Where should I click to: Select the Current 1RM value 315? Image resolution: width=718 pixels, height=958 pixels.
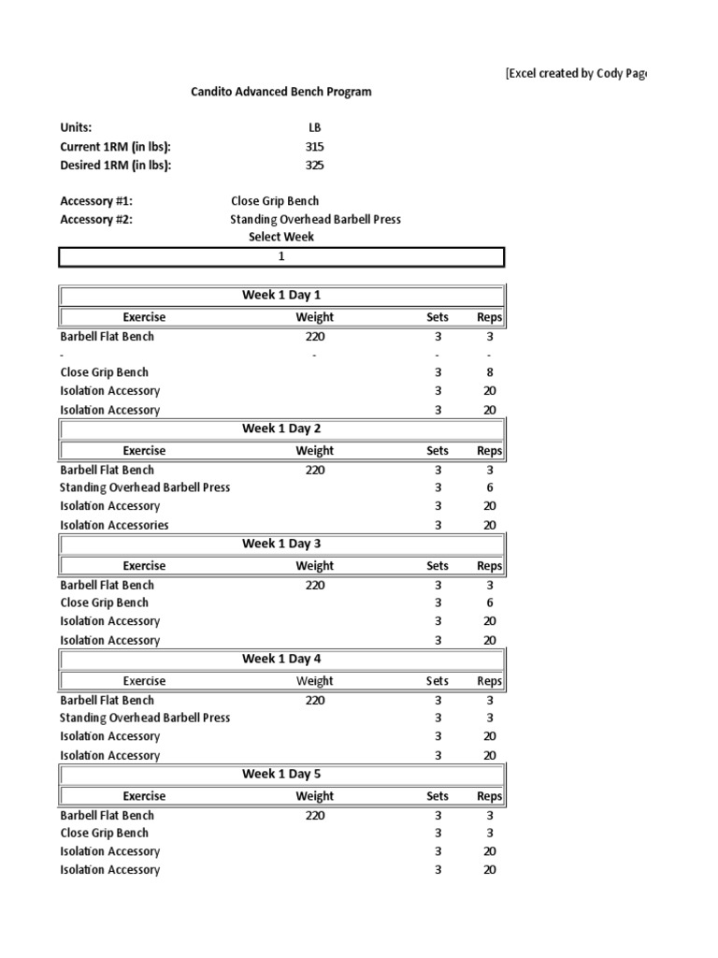[x=314, y=147]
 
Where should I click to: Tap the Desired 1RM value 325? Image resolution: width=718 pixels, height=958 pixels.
[x=314, y=165]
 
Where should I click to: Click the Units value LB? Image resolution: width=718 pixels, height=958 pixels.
[x=314, y=128]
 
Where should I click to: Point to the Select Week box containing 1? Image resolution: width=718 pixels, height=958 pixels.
[x=281, y=256]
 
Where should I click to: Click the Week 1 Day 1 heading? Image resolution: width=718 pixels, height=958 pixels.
[x=281, y=295]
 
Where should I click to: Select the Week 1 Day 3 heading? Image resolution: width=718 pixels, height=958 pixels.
[x=281, y=544]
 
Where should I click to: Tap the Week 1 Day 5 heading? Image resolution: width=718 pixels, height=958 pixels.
[x=281, y=774]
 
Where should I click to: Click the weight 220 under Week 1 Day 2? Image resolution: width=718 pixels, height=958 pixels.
[x=314, y=471]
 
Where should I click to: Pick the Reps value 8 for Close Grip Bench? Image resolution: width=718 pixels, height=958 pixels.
[x=490, y=372]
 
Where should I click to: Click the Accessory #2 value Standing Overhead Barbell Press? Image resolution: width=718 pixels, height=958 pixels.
[x=316, y=220]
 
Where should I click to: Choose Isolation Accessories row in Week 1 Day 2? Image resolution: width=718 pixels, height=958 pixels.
[x=115, y=525]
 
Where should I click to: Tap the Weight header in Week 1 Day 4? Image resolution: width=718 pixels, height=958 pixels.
[x=314, y=681]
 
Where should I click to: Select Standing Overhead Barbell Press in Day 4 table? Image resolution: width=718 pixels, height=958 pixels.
[x=145, y=718]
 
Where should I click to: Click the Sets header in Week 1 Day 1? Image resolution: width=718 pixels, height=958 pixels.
[x=438, y=317]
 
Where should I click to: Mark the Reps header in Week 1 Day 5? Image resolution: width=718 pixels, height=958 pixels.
[x=490, y=796]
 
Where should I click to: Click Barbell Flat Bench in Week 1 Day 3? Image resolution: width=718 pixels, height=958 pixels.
[x=108, y=585]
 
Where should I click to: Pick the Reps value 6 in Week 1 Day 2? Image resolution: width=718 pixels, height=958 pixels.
[x=490, y=487]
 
